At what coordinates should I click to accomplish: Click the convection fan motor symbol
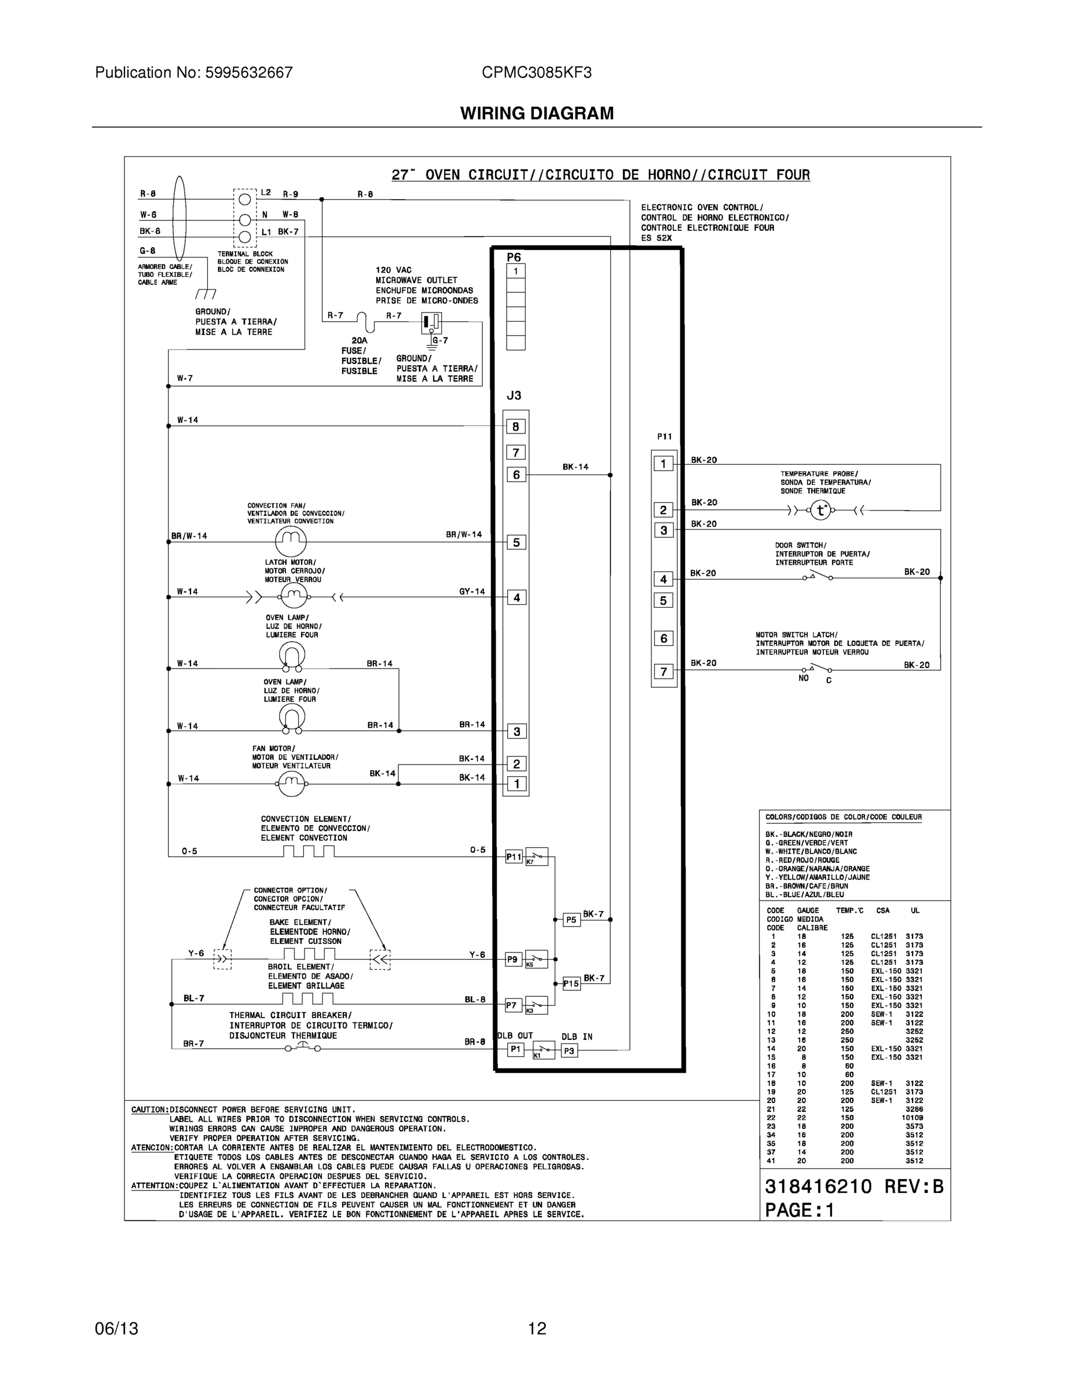click(291, 541)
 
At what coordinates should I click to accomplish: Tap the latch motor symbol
click(294, 597)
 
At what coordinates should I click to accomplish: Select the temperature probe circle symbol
click(821, 510)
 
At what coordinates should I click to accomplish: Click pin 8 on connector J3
click(516, 427)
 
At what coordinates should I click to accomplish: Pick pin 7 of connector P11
click(664, 671)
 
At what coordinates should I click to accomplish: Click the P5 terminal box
click(571, 920)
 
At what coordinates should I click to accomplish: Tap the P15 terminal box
click(571, 984)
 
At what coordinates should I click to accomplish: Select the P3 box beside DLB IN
click(569, 1051)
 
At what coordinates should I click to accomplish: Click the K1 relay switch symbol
click(543, 1049)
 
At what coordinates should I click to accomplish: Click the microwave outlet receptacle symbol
click(431, 322)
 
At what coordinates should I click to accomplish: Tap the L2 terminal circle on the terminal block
click(244, 200)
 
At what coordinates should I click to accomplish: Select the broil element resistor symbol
click(309, 998)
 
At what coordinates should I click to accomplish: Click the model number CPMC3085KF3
click(536, 72)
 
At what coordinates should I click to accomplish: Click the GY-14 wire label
click(472, 591)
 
